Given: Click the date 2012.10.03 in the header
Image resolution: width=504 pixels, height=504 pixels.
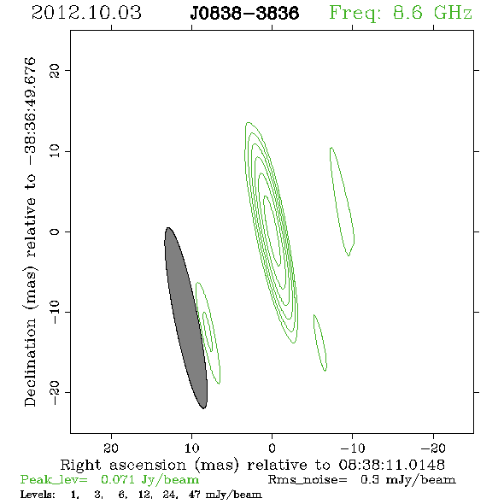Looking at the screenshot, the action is [86, 13].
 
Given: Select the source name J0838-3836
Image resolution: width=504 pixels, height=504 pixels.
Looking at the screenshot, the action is [244, 14].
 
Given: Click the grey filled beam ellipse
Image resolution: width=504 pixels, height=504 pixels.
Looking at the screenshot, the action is [185, 318].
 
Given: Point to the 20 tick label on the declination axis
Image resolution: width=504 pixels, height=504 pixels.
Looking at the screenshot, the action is [55, 70].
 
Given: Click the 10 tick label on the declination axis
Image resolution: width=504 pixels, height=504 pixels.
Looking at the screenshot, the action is [55, 151].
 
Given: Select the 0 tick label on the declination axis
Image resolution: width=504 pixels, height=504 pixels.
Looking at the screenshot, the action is [55, 231].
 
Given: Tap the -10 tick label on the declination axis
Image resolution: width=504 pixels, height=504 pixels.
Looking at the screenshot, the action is [55, 312].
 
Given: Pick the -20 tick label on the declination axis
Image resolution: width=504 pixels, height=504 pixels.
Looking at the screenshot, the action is [55, 392].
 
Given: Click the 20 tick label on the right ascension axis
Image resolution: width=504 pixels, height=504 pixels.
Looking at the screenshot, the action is [111, 448].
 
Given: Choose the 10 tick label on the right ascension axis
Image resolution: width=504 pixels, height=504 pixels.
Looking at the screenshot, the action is [192, 448].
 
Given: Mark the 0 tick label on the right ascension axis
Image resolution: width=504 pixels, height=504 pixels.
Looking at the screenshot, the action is [272, 448].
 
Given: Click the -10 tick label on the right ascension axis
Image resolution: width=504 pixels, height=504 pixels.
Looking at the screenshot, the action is [352, 448].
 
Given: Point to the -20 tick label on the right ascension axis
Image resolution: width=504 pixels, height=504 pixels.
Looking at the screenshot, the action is [433, 448].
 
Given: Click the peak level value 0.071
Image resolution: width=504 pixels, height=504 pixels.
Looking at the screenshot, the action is [117, 479].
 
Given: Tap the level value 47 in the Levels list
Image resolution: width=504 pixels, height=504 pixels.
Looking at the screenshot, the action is [195, 495].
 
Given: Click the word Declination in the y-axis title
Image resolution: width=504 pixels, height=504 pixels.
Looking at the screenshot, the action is [30, 362].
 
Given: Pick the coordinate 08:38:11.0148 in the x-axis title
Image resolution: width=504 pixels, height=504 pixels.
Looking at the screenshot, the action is [391, 465].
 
